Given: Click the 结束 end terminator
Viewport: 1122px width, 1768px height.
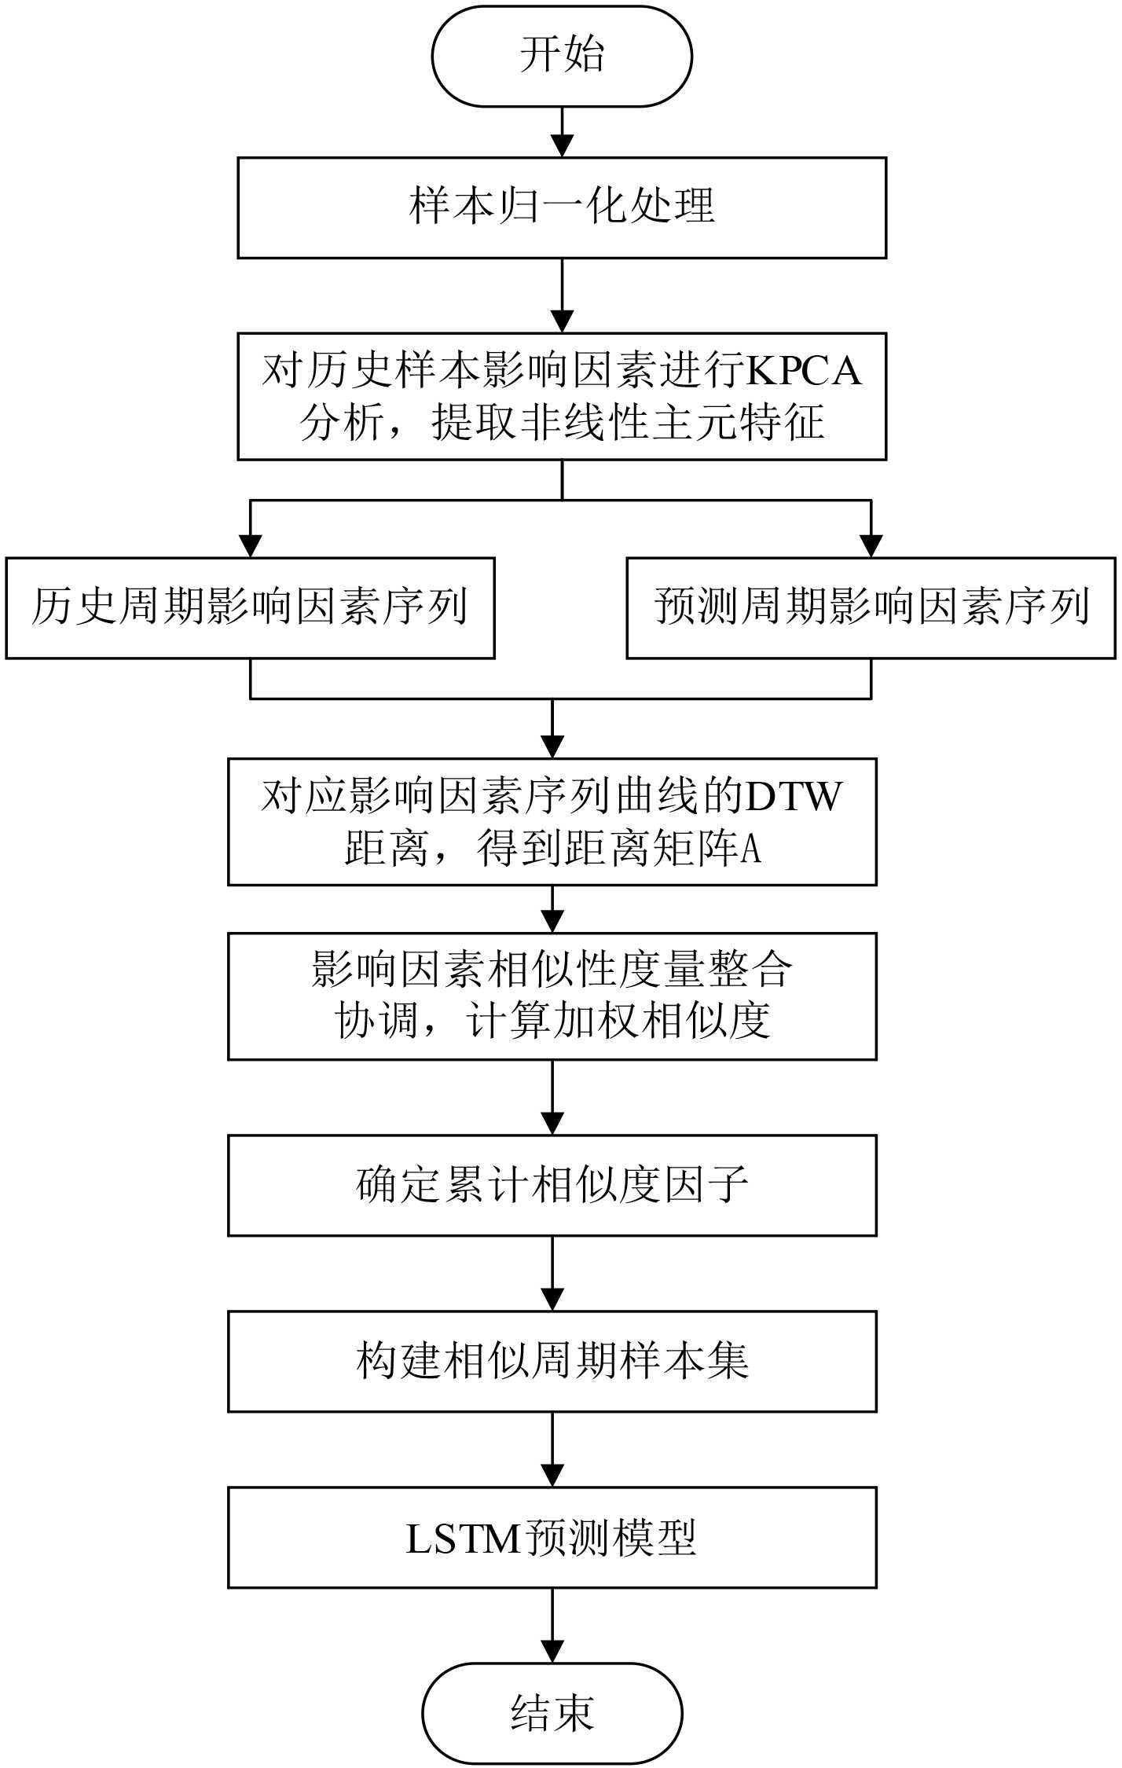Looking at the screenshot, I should (x=552, y=1713).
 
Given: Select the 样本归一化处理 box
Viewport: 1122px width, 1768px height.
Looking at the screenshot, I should (x=562, y=207).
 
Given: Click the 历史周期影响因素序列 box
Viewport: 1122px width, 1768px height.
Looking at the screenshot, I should (x=250, y=607).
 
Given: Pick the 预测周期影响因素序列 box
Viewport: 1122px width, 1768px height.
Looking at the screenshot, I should (x=871, y=607).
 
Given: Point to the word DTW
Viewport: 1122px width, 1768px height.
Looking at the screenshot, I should (x=794, y=797).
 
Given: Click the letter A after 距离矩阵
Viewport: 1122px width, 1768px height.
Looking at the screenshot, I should (x=751, y=849).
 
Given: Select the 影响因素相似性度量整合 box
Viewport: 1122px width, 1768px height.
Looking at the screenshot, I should (x=552, y=996).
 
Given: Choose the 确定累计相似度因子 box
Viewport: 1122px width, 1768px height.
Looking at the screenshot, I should (x=552, y=1185).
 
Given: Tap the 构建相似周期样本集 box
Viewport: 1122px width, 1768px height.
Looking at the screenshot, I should (x=552, y=1361).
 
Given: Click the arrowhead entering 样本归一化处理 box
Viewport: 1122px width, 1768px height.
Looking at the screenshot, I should (x=562, y=146).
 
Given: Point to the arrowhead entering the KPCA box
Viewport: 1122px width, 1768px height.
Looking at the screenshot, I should (x=562, y=321).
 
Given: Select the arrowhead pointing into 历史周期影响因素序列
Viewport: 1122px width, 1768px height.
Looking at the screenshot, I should (x=250, y=546).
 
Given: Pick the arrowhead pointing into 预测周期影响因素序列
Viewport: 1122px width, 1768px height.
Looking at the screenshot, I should (x=871, y=546).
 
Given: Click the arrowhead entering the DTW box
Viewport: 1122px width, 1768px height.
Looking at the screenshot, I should (x=552, y=746).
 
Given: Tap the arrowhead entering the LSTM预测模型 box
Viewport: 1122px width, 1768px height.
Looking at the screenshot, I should (x=552, y=1475).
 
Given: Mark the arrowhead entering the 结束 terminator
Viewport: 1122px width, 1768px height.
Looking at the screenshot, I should (x=552, y=1651).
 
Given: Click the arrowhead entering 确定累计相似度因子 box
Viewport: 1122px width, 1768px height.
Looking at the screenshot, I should (x=552, y=1124).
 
